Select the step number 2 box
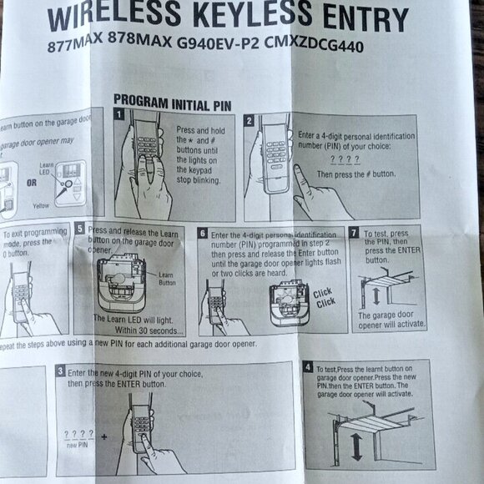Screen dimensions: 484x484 click(x=249, y=120)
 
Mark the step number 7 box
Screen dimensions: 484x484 click(x=354, y=232)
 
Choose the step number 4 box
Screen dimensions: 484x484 click(x=308, y=367)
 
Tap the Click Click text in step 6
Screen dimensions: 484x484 click(x=325, y=298)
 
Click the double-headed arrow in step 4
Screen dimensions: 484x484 click(x=356, y=447)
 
